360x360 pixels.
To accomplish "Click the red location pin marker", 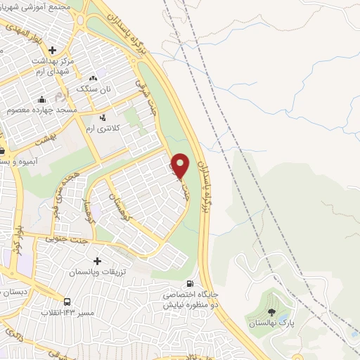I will click(x=181, y=165).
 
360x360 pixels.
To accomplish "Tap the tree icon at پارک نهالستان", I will click(x=272, y=312).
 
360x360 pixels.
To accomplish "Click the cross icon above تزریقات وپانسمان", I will click(x=97, y=261).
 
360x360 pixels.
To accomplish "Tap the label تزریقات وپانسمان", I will click(x=98, y=271).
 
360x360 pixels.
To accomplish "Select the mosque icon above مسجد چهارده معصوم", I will click(x=43, y=99).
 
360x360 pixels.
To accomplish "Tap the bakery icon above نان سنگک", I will click(x=93, y=77).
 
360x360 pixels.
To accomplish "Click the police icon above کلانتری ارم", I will click(x=103, y=117).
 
